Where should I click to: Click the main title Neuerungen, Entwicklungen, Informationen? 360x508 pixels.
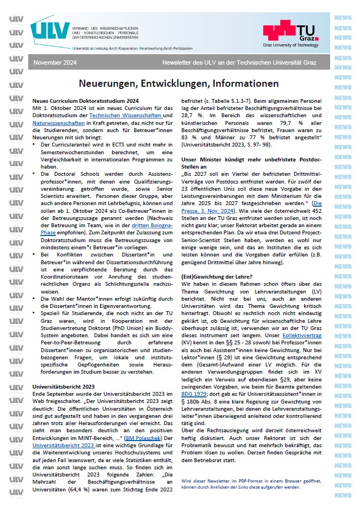coord(178,83)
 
